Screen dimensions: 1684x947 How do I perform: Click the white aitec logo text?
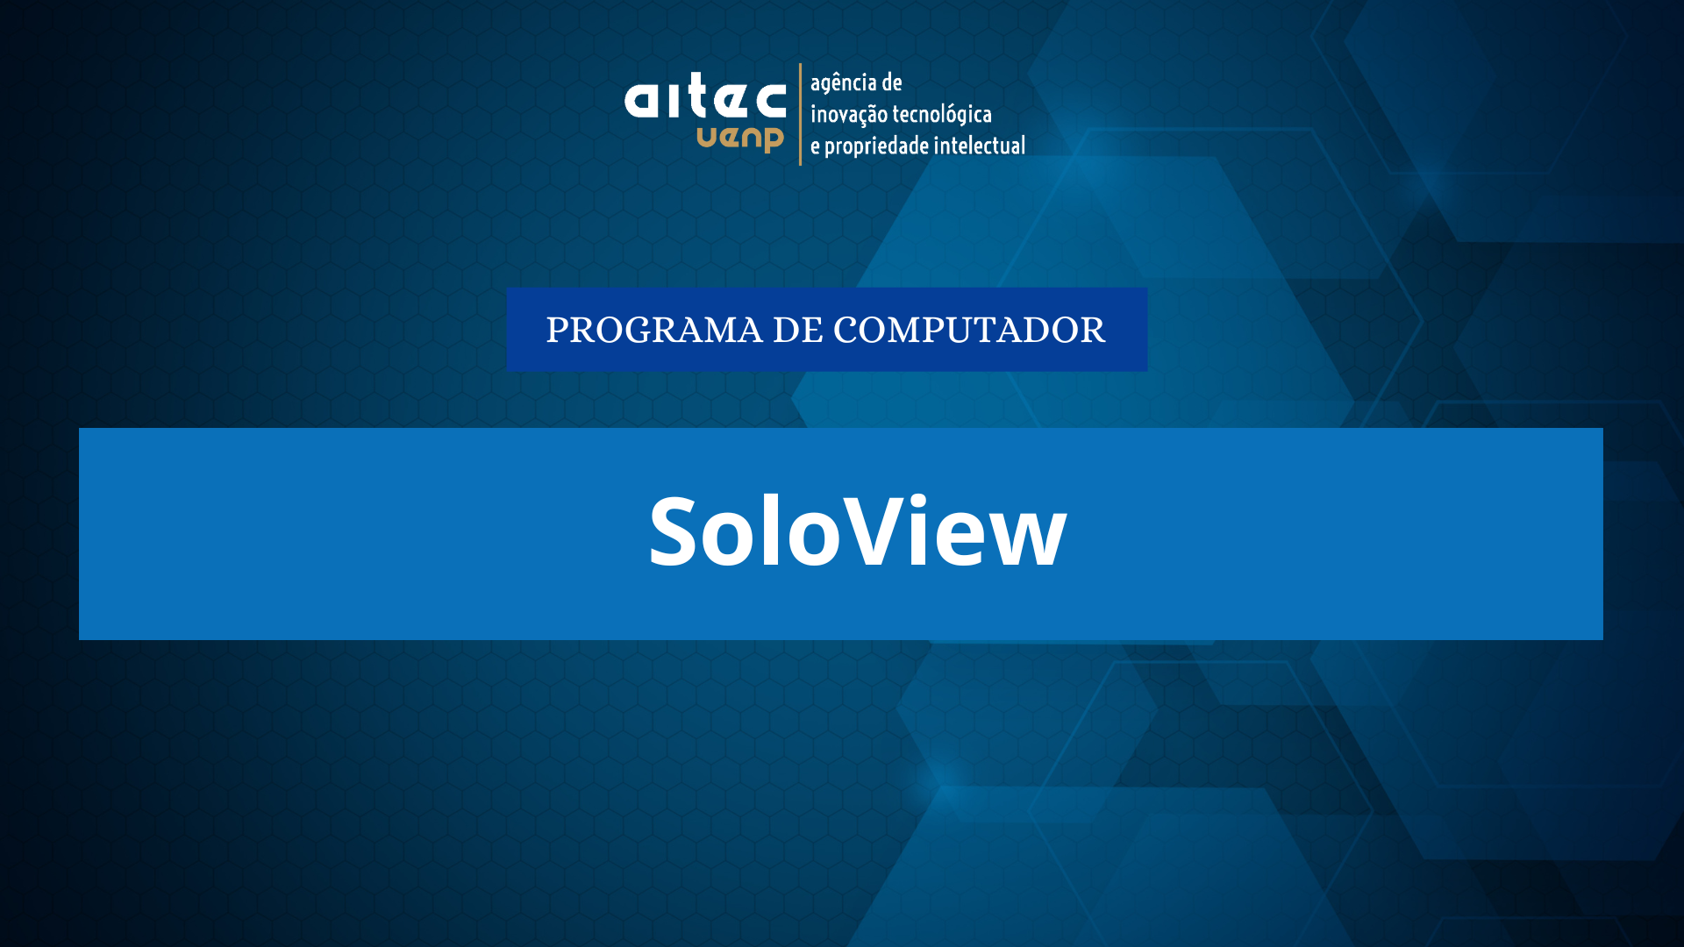(705, 96)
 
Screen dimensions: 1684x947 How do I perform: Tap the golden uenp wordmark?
(740, 139)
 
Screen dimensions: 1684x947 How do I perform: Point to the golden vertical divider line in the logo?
(800, 114)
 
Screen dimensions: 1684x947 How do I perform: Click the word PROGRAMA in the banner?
(654, 331)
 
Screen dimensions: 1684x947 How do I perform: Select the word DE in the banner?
(797, 331)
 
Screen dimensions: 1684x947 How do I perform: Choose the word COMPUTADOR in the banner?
(969, 331)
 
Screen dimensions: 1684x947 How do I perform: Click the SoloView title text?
(858, 531)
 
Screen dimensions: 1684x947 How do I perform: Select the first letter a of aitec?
(640, 101)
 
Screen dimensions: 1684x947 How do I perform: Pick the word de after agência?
(892, 82)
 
